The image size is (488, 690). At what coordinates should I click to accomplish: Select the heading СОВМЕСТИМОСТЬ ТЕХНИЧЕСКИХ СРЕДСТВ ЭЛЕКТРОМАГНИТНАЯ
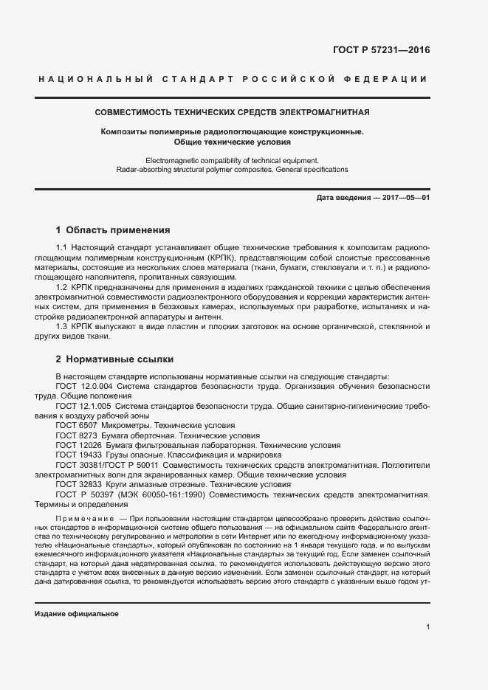click(233, 113)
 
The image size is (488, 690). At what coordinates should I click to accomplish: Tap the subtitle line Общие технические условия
click(233, 141)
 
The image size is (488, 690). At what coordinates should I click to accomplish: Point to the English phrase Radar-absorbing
click(144, 170)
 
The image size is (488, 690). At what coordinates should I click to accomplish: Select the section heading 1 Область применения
click(113, 230)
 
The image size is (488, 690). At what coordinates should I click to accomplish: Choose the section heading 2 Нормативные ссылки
click(115, 359)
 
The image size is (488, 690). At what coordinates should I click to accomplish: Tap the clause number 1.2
click(62, 286)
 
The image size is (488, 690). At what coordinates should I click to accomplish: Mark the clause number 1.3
click(62, 326)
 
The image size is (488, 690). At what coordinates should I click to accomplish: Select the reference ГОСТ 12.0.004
click(84, 385)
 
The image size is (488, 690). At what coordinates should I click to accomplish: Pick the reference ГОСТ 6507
click(77, 426)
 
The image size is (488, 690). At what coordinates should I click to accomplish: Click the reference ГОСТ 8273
click(77, 435)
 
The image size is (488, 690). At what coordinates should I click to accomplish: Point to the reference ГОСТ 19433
click(79, 455)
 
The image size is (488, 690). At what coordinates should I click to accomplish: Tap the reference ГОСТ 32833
click(79, 485)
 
